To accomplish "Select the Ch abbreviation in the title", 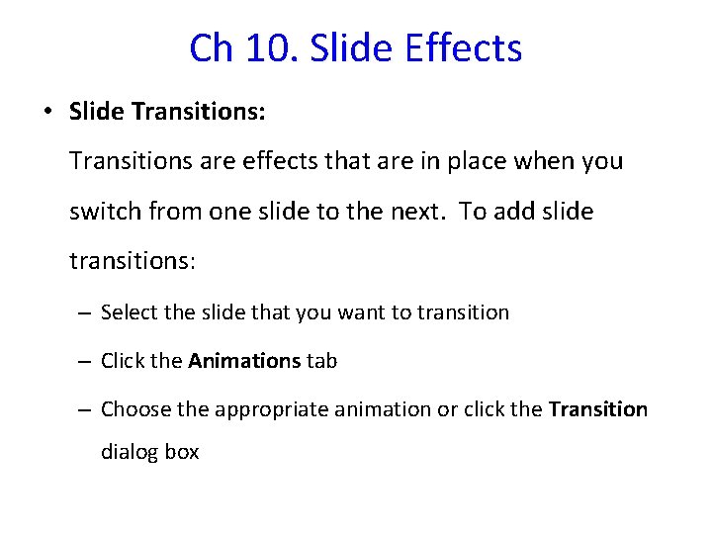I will (209, 47).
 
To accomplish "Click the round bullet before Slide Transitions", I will (47, 112).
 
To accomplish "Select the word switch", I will (105, 211).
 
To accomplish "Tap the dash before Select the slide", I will (86, 313).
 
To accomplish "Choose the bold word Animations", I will (243, 361).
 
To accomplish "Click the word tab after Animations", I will (321, 361).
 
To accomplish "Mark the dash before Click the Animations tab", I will (86, 362).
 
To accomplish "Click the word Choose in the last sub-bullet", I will (135, 408).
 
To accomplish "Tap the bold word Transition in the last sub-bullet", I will (598, 408).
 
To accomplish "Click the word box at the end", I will (182, 452).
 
